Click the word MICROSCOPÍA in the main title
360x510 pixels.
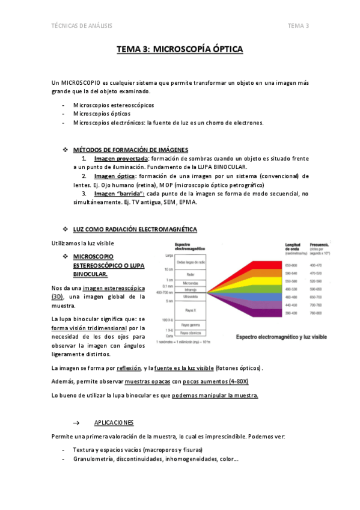[x=183, y=50]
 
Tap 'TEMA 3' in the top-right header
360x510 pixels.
[x=298, y=25]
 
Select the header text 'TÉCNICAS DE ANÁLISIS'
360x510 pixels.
[x=82, y=25]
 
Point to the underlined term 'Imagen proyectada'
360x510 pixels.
[x=121, y=158]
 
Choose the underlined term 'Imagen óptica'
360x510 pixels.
[x=115, y=176]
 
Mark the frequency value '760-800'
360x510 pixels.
[x=316, y=313]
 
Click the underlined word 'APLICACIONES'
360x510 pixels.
[x=114, y=423]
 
